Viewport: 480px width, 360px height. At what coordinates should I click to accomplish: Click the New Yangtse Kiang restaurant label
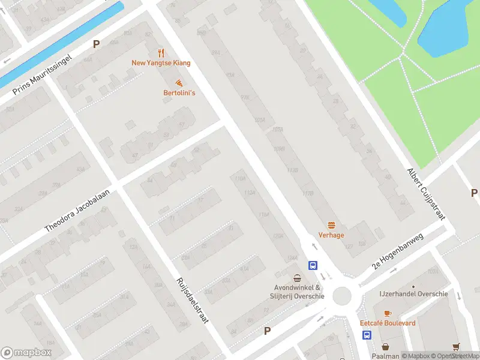(x=161, y=63)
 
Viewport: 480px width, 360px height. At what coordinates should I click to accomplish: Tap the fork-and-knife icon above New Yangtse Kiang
(x=161, y=53)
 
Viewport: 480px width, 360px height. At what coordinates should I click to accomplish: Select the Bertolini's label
(x=179, y=93)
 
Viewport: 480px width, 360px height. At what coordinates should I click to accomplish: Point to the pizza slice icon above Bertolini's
(x=179, y=83)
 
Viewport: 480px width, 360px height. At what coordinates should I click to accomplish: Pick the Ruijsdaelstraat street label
(x=192, y=301)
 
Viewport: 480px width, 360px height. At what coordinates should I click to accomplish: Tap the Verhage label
(x=331, y=235)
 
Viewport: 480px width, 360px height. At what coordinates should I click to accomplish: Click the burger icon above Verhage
(x=331, y=225)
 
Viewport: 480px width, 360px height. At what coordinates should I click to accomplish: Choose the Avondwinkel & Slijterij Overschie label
(x=297, y=292)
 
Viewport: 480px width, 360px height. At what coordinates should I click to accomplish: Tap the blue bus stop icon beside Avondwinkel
(x=313, y=265)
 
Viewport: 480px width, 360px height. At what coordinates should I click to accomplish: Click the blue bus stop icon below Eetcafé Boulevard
(x=366, y=335)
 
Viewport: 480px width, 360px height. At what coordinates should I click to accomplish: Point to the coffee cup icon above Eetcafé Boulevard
(x=387, y=313)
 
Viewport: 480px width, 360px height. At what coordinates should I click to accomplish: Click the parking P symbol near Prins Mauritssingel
(x=96, y=44)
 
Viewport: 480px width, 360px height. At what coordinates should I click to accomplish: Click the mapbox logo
(x=26, y=352)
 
